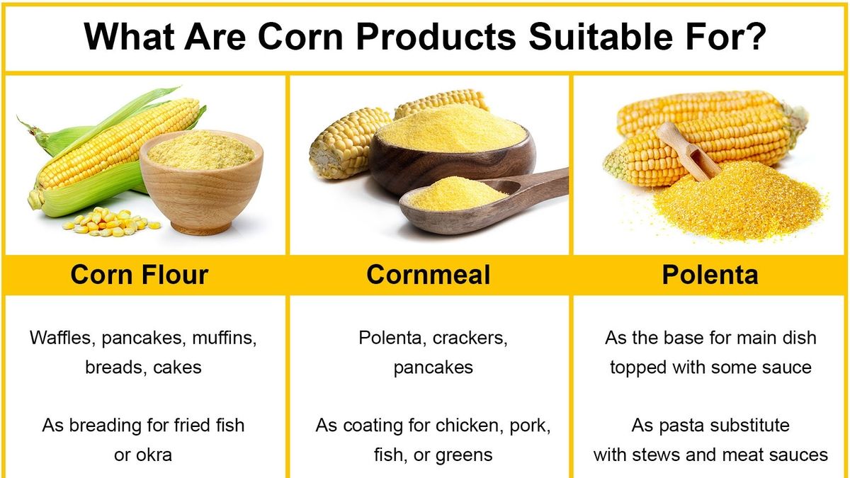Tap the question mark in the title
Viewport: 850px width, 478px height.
tap(756, 37)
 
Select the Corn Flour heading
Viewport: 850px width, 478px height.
tap(140, 275)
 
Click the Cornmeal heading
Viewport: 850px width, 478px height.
tap(428, 275)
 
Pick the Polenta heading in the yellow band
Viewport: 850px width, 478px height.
tap(710, 275)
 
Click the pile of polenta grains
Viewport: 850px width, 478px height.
tap(737, 202)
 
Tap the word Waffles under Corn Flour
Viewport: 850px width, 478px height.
tap(62, 338)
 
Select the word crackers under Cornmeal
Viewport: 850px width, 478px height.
tap(470, 338)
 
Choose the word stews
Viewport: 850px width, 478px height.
tap(674, 454)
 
